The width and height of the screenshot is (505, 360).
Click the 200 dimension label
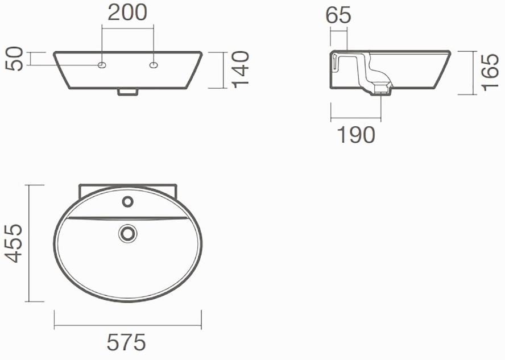coord(127,13)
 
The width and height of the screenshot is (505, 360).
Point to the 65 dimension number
coord(338,15)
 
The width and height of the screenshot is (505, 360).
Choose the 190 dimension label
coord(357,135)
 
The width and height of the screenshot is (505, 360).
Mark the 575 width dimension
coord(126,342)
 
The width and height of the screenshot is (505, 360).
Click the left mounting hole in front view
coord(102,65)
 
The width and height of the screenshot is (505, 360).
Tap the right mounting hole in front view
coord(153,65)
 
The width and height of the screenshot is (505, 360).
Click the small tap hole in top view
coord(127,201)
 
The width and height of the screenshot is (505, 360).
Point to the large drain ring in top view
coord(127,233)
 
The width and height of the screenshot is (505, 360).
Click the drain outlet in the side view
coord(382,90)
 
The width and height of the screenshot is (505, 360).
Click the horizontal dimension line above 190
coord(359,119)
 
